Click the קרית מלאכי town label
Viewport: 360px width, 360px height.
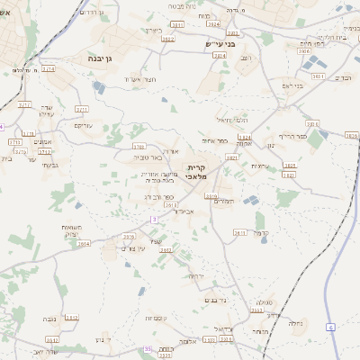(198, 171)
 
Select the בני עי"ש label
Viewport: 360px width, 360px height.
(219, 43)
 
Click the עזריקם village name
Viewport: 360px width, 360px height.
(83, 124)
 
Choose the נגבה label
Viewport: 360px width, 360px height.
(52, 318)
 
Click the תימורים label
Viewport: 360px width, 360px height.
(224, 202)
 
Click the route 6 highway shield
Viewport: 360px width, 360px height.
(331, 326)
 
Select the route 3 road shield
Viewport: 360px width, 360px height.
(154, 219)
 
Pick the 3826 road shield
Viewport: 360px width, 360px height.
(351, 135)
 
